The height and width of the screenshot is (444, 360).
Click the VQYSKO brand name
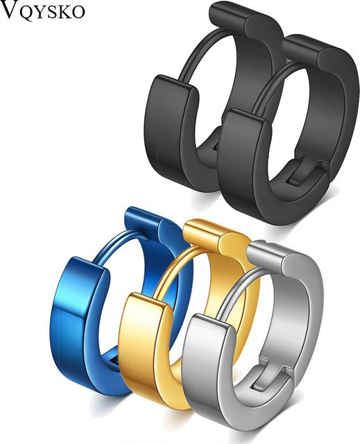pyautogui.click(x=42, y=10)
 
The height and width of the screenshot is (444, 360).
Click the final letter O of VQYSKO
pyautogui.click(x=78, y=12)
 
